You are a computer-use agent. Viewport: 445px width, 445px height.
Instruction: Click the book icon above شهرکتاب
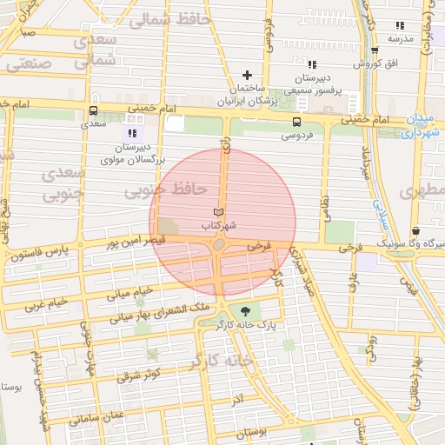coord(218,212)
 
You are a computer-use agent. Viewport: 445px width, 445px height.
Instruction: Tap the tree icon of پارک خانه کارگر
coord(245,311)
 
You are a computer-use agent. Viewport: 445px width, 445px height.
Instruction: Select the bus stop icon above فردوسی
coord(297,122)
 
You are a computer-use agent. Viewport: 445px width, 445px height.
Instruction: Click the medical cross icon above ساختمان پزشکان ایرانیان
coord(248,76)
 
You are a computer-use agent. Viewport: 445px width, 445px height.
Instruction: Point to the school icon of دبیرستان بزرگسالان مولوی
coord(132,133)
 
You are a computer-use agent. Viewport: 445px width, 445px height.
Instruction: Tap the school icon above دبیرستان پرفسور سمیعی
coord(312,63)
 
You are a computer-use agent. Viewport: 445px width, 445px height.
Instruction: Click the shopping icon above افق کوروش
coord(374,50)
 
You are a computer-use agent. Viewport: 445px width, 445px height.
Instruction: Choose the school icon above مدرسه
coord(399,26)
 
